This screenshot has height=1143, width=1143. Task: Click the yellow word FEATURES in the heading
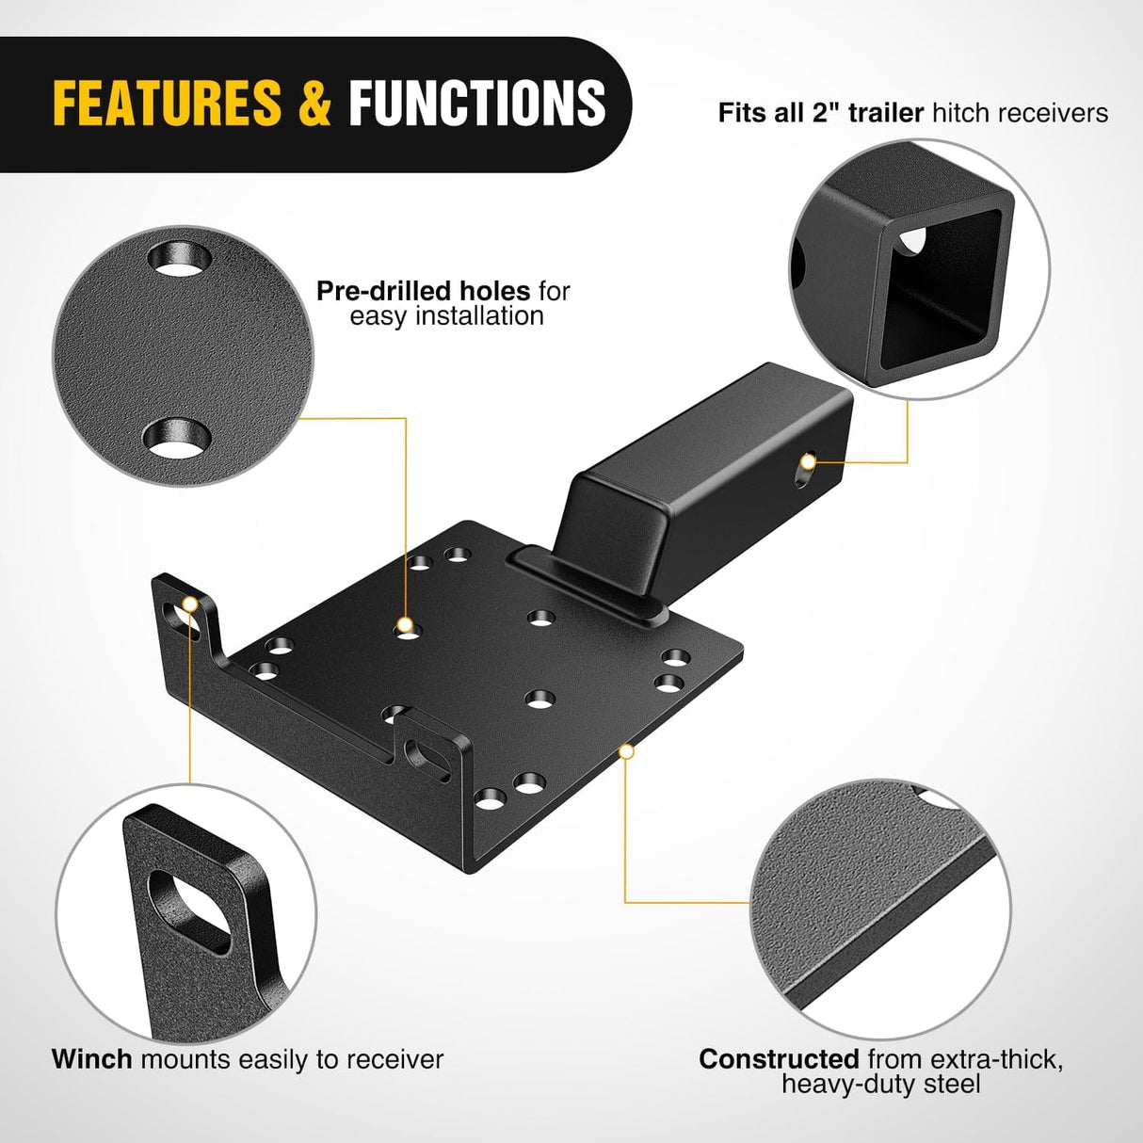pos(167,103)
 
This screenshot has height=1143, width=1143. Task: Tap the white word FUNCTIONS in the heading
pos(477,103)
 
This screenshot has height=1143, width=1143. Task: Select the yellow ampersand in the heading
pos(315,103)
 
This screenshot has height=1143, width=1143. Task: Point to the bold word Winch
pos(92,1059)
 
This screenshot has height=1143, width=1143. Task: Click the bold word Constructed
pos(779,1059)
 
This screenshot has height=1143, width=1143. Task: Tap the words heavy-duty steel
pos(880,1085)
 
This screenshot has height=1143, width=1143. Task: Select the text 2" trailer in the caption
pos(867,113)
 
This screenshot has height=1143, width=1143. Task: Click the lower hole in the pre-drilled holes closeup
pos(176,438)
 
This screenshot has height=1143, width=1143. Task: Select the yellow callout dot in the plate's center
pos(405,624)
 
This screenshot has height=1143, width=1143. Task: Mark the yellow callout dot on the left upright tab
pos(190,604)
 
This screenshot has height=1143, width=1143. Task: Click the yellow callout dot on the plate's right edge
pos(627,750)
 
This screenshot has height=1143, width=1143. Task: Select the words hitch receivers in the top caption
pos(1020,113)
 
